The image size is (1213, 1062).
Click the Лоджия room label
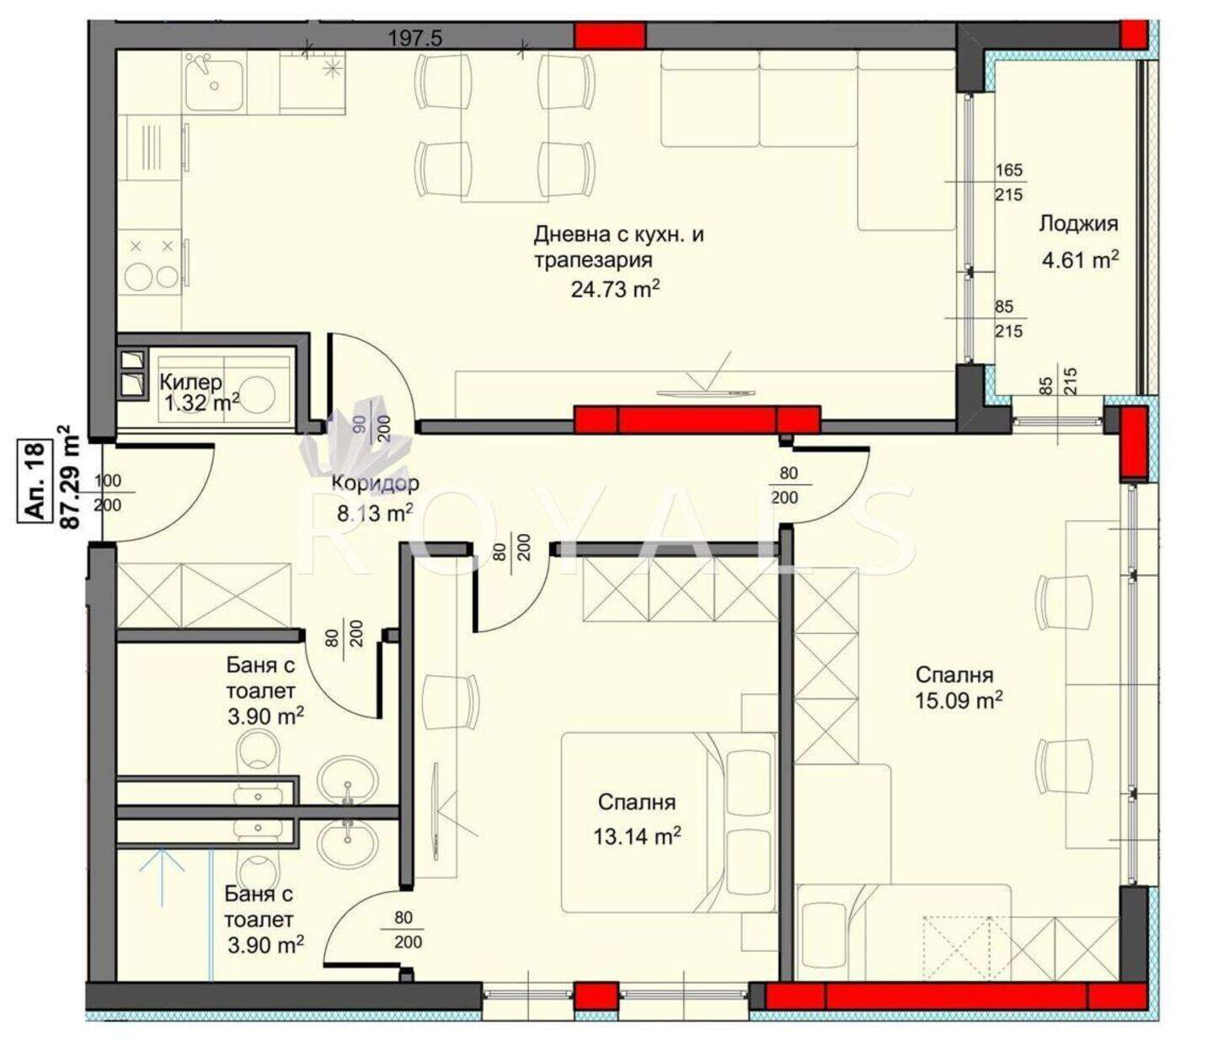click(x=1078, y=223)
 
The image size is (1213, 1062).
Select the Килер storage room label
click(x=191, y=382)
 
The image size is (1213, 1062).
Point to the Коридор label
click(x=376, y=483)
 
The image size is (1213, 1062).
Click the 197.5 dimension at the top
click(x=415, y=39)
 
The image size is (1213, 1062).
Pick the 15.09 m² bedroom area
click(x=959, y=700)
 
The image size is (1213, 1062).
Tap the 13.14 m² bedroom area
click(x=637, y=836)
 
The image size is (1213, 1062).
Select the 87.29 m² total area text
click(x=71, y=477)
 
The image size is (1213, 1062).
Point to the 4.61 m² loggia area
click(x=1080, y=259)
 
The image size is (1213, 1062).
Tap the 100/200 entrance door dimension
click(x=107, y=493)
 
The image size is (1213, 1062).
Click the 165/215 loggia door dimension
click(x=1009, y=182)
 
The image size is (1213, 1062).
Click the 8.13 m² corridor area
click(x=375, y=513)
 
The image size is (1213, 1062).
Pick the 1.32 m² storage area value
click(x=202, y=403)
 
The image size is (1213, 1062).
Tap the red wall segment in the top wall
click(x=610, y=35)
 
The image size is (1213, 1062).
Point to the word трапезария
click(x=594, y=260)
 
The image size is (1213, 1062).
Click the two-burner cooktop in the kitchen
click(x=152, y=263)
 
